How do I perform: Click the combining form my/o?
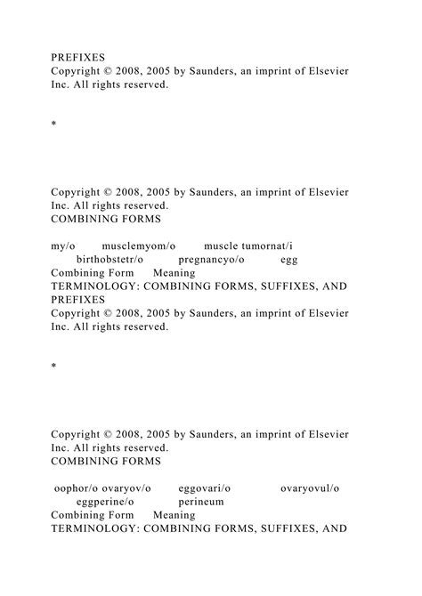tap(63, 245)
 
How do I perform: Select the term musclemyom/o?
tap(139, 245)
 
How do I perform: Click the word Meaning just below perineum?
tap(174, 515)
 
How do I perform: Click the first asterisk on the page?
tap(54, 138)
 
